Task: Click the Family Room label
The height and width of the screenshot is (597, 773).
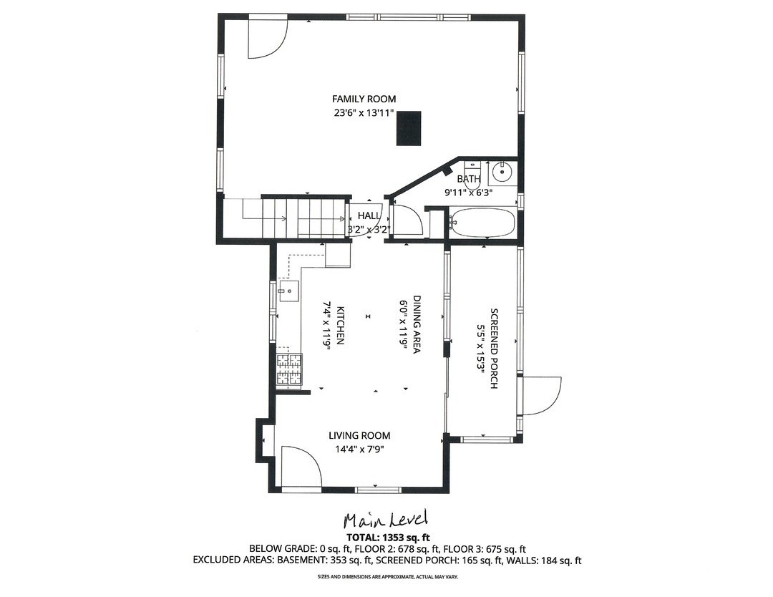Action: [364, 99]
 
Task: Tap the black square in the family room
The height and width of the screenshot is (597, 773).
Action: [409, 129]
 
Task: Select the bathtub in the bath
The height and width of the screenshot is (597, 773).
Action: [482, 222]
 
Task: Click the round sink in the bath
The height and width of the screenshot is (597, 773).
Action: [502, 173]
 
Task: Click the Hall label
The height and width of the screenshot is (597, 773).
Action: [369, 215]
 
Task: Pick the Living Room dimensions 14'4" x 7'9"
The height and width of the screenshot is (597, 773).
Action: [359, 450]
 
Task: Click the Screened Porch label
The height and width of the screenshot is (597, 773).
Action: [494, 349]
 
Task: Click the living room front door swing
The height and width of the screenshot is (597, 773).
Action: [299, 467]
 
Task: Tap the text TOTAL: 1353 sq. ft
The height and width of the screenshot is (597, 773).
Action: [387, 536]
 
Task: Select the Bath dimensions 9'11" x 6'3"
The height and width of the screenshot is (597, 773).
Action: [469, 192]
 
